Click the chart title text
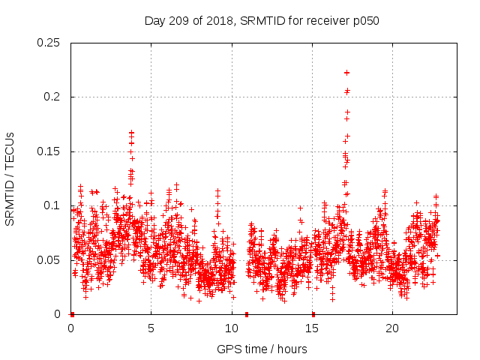point(262,21)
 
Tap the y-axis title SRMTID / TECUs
point(10,178)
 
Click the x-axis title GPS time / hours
point(262,349)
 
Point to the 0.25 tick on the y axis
point(50,43)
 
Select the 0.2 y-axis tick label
point(53,97)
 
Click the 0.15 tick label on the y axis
point(50,151)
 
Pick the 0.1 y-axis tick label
point(53,205)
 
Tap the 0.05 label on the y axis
point(50,260)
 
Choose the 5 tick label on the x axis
point(151,328)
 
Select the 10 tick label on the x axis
point(231,328)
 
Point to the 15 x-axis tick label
point(311,328)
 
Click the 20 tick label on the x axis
point(391,328)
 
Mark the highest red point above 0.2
point(346,73)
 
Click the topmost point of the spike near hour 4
point(131,133)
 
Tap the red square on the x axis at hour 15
point(313,314)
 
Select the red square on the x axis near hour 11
point(247,314)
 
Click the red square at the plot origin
point(72,314)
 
